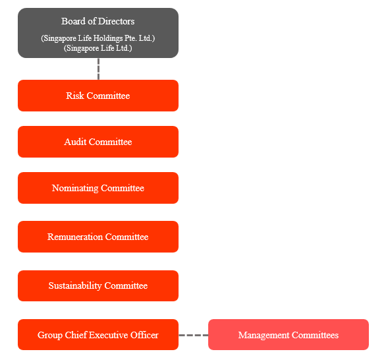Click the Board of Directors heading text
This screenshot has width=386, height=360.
(98, 22)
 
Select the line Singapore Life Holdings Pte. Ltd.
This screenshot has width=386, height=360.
(98, 38)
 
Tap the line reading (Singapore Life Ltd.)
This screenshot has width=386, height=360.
(98, 48)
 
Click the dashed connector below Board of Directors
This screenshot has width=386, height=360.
(98, 69)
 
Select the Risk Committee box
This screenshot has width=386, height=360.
(98, 96)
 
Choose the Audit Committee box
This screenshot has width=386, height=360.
(98, 142)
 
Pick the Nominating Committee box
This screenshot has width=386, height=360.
(98, 188)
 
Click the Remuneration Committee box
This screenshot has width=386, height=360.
(98, 237)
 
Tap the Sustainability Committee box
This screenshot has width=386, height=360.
(98, 285)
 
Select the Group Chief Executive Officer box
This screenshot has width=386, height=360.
(98, 335)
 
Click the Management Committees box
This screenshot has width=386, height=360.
(289, 335)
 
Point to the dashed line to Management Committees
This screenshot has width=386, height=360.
(194, 335)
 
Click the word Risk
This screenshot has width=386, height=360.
(75, 96)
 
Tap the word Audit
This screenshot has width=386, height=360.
(75, 142)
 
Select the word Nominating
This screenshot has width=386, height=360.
(75, 189)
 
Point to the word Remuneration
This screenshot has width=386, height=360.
(75, 237)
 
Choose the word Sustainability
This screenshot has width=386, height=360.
(75, 286)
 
